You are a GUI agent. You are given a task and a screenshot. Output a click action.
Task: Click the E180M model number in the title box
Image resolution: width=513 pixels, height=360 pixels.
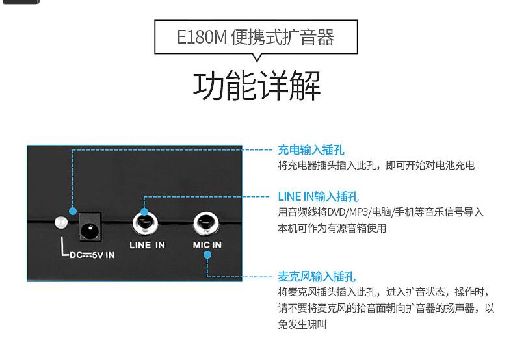(x=202, y=37)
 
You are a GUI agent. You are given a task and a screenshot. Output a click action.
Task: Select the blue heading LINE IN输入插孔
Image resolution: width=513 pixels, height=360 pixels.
(x=318, y=196)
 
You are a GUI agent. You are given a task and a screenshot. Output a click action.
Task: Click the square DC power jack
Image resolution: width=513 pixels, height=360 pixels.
(x=91, y=229)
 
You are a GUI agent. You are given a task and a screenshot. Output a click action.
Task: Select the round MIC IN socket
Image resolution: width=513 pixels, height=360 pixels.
(x=207, y=225)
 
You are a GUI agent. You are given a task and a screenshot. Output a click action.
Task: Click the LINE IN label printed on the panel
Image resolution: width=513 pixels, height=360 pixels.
(x=147, y=245)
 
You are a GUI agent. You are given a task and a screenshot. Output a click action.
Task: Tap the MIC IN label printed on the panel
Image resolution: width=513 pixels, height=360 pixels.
(x=207, y=245)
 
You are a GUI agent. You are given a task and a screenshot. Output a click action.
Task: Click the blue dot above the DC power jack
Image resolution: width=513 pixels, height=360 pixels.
(x=73, y=212)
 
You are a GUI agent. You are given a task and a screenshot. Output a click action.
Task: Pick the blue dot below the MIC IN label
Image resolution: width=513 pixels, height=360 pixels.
(x=207, y=255)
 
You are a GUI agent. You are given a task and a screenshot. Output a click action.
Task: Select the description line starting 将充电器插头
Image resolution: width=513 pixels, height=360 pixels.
(x=376, y=166)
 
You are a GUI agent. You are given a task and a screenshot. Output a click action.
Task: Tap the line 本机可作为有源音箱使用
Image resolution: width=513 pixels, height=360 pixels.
(x=332, y=228)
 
